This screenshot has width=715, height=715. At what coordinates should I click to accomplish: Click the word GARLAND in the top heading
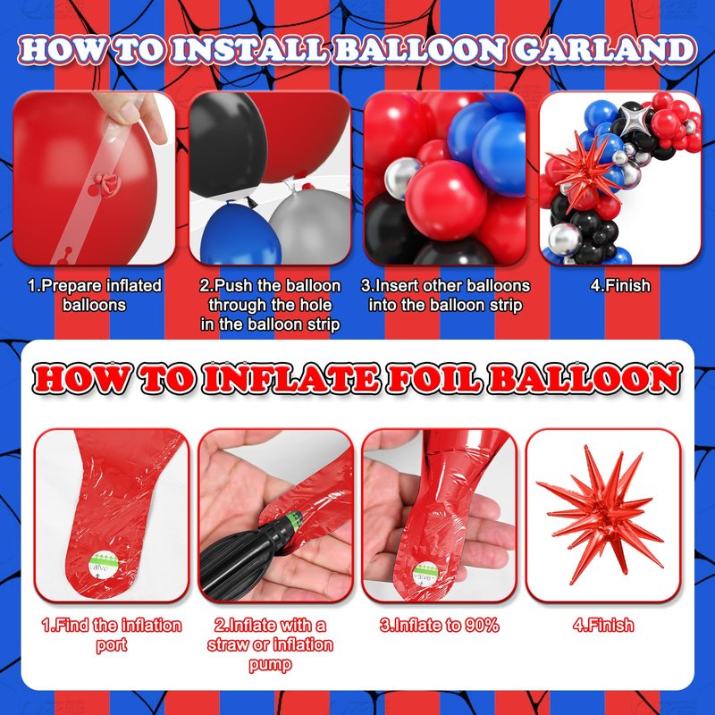click(x=605, y=49)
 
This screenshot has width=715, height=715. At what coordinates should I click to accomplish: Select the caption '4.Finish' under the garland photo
click(x=620, y=285)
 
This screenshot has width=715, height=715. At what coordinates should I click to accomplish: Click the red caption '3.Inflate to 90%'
click(x=439, y=625)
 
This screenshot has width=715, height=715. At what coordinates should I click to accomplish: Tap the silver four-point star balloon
click(x=630, y=119)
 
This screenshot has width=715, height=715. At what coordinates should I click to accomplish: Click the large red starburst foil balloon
click(x=600, y=516)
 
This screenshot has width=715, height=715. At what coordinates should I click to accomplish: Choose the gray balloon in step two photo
click(x=310, y=223)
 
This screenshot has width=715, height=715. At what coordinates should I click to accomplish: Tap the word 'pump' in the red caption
click(x=270, y=664)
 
